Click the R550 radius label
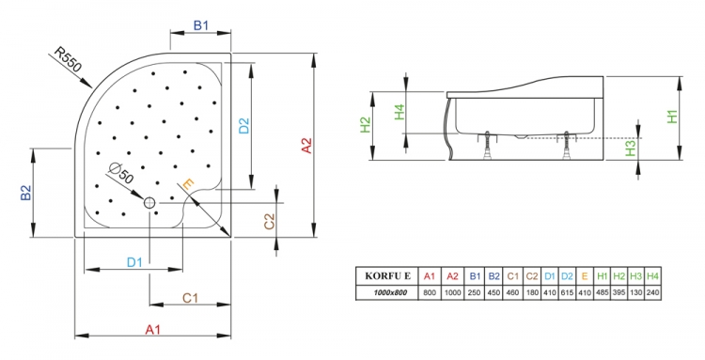[x=68, y=59]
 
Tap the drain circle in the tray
[x=149, y=203]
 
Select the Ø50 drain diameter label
[x=121, y=173]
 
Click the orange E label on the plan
[x=188, y=184]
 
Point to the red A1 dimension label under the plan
[x=153, y=330]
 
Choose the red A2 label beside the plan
[x=306, y=146]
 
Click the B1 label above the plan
[x=201, y=25]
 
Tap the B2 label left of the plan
[x=26, y=193]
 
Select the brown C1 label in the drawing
[x=190, y=298]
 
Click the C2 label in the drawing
[x=269, y=221]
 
